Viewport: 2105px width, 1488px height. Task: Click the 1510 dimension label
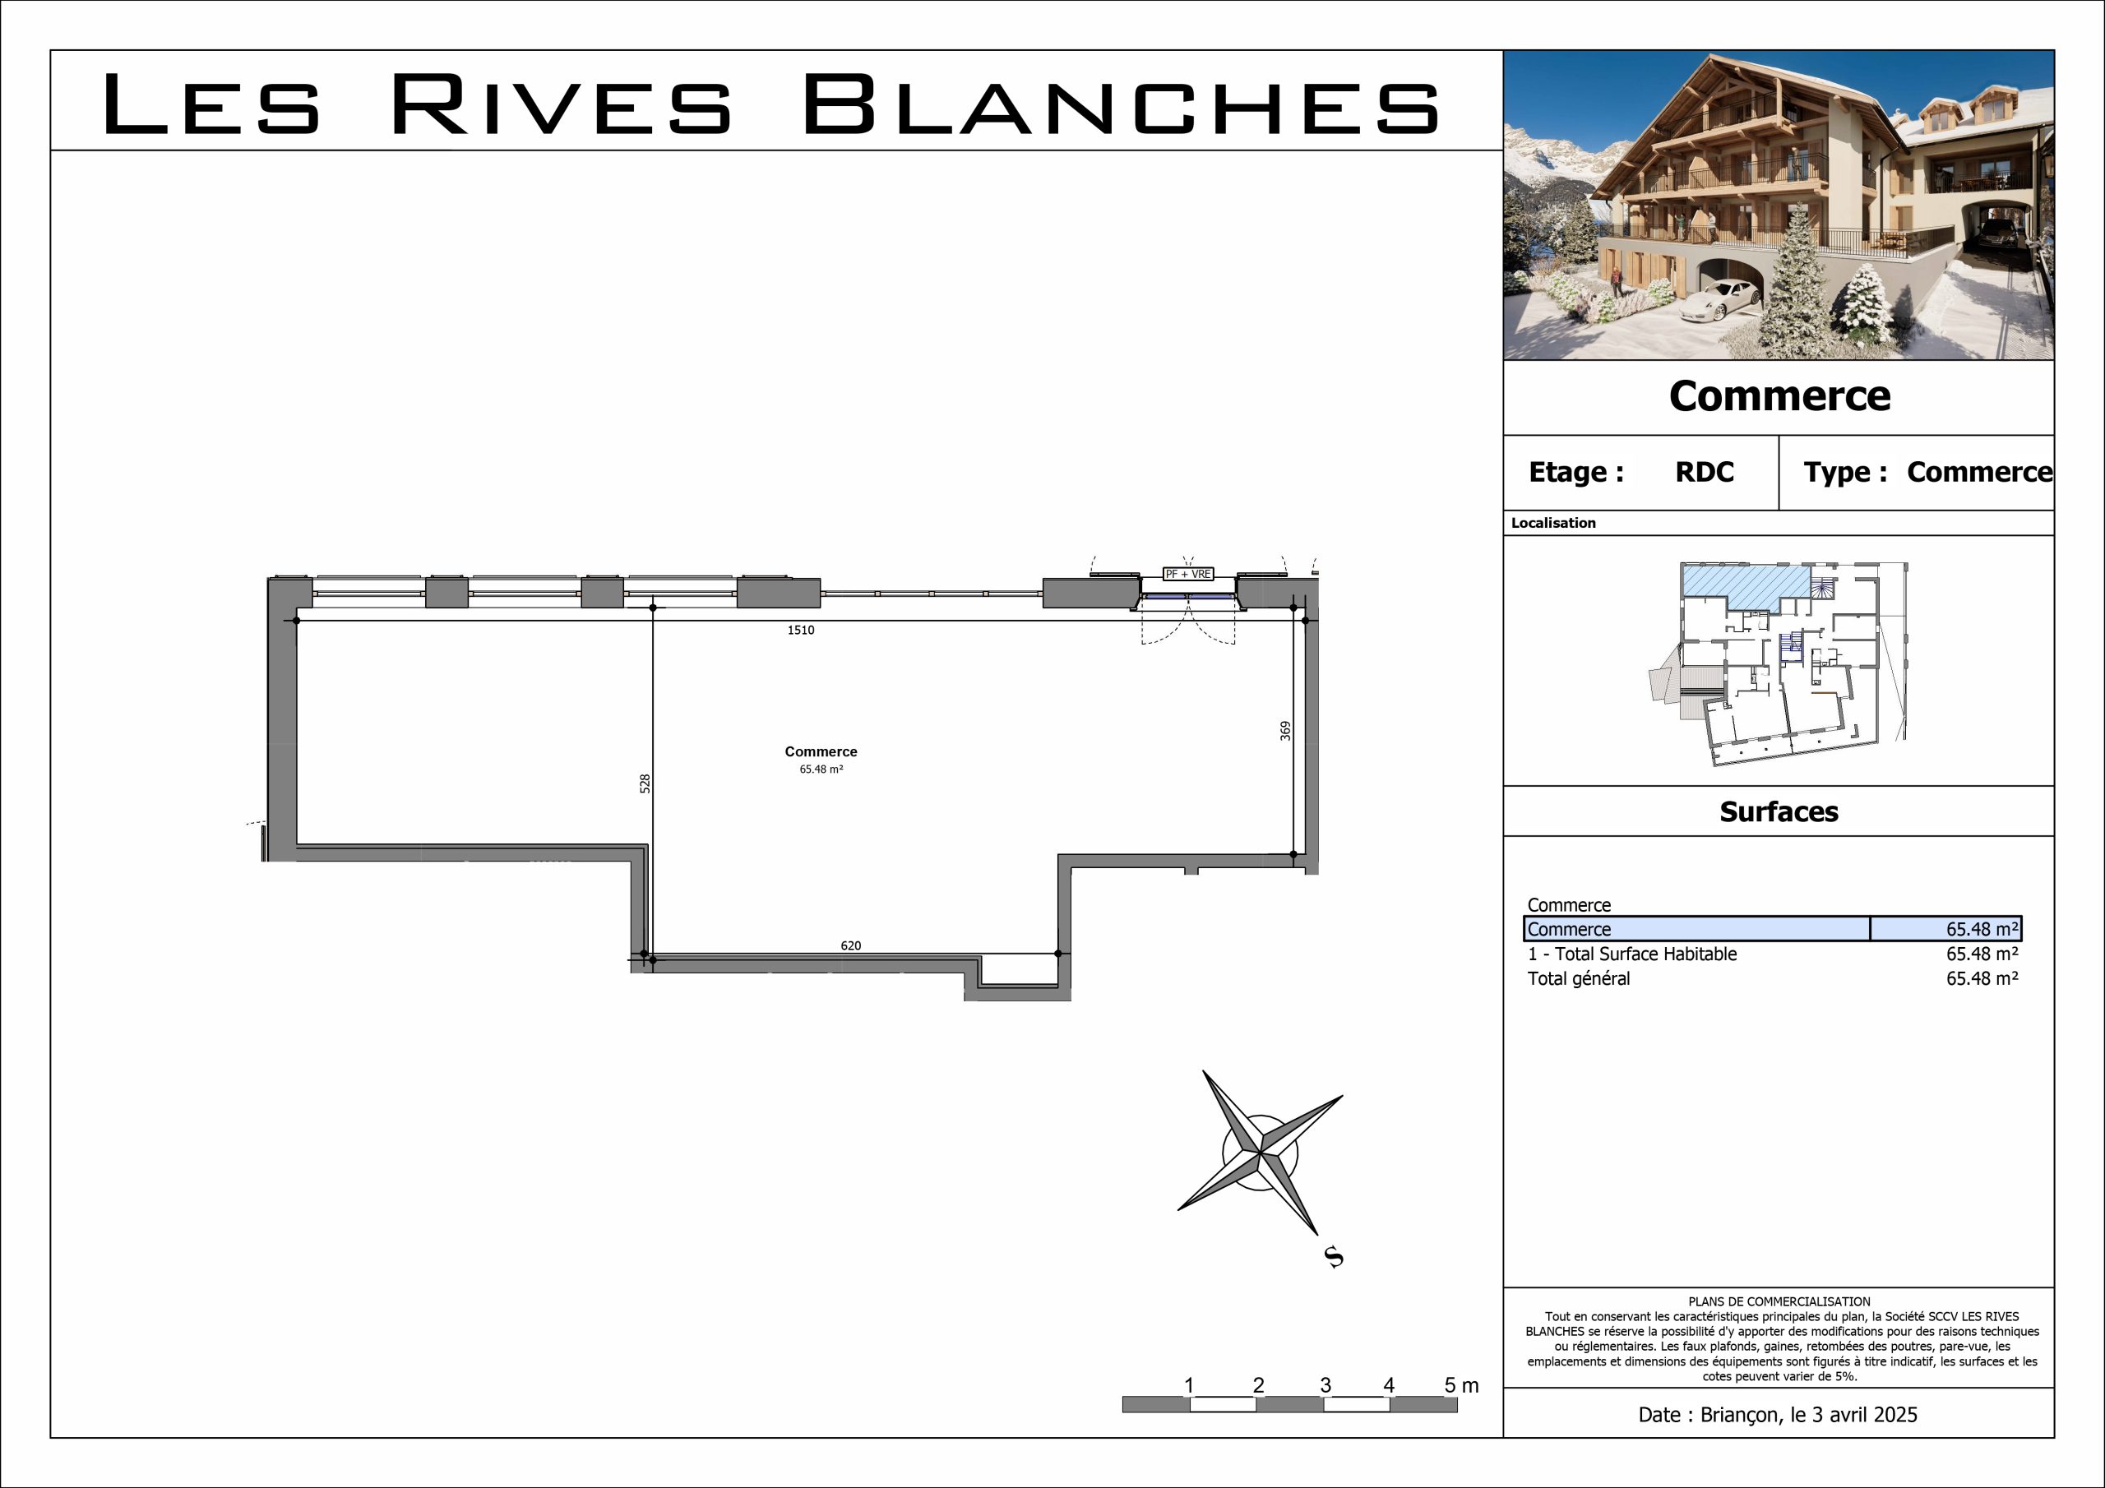tap(800, 630)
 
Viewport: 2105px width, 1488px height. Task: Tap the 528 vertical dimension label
tap(645, 784)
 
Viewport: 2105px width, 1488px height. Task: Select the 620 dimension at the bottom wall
tap(851, 945)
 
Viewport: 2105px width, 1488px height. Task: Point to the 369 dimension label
tap(1285, 731)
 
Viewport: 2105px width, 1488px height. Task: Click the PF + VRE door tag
tap(1188, 574)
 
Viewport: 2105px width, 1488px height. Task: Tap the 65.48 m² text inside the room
tap(821, 769)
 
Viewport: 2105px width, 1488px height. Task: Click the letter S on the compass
tap(1334, 1257)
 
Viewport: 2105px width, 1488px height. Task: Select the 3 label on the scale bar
tap(1325, 1385)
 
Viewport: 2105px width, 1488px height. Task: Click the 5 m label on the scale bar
tap(1461, 1385)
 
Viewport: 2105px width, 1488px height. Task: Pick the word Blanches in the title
tap(1121, 104)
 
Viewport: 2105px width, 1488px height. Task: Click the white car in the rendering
tap(1720, 299)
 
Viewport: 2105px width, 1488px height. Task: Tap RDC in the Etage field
tap(1705, 472)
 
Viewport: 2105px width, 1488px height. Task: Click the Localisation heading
tap(1553, 523)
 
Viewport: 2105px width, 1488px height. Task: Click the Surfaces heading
tap(1779, 811)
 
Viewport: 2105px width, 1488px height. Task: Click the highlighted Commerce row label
tap(1569, 929)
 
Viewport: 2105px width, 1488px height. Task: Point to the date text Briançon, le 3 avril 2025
tap(1808, 1415)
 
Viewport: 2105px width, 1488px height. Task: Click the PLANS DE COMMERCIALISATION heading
tap(1779, 1301)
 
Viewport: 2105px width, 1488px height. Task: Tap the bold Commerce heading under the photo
tap(1779, 396)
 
